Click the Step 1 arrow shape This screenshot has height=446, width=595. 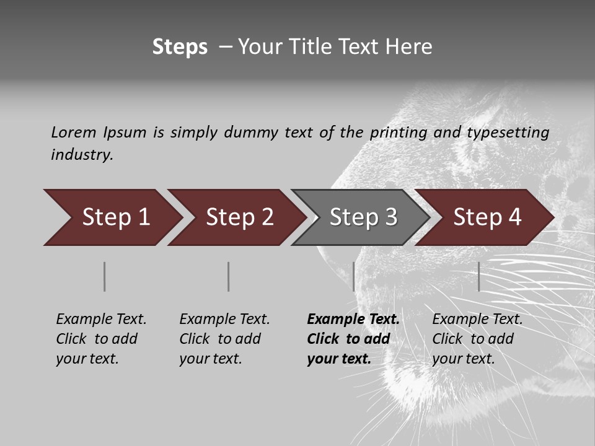point(112,217)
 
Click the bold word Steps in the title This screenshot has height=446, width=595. point(180,47)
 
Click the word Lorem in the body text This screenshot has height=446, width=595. point(74,132)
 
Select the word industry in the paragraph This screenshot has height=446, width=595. point(82,155)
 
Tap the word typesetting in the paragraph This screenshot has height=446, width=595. point(508,133)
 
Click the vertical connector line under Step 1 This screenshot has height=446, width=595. point(105,276)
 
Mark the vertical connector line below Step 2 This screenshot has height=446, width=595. point(229,276)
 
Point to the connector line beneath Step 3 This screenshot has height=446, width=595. point(353,276)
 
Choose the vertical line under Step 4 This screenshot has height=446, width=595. point(478,276)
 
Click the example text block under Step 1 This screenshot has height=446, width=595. point(101,339)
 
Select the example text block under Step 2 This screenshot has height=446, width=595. point(224,339)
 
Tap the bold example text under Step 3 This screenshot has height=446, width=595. point(353,339)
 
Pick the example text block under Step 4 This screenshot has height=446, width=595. point(477,339)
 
